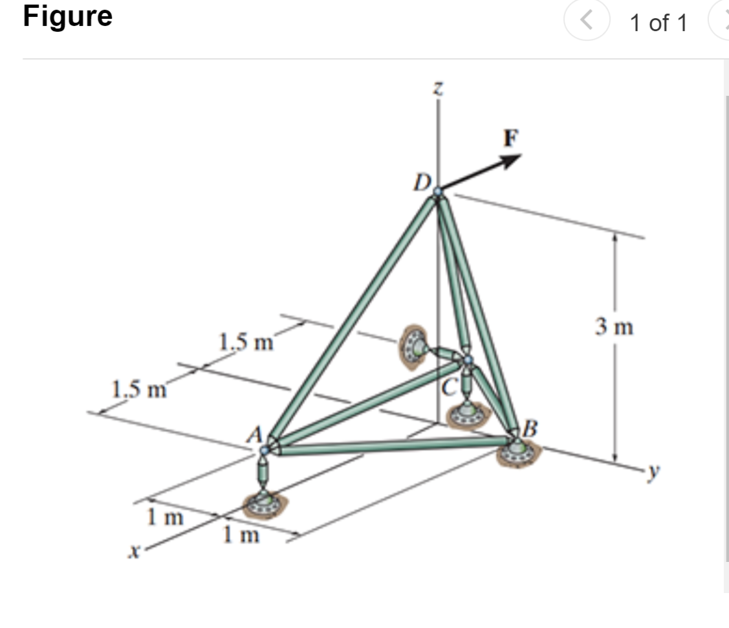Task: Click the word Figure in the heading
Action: [x=67, y=16]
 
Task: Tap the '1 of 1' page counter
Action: [x=658, y=23]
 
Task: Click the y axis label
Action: [x=658, y=474]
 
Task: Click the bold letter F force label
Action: [x=510, y=137]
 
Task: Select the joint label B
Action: [x=530, y=428]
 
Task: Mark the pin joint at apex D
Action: [x=438, y=192]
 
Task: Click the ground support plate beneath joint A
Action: [x=265, y=502]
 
